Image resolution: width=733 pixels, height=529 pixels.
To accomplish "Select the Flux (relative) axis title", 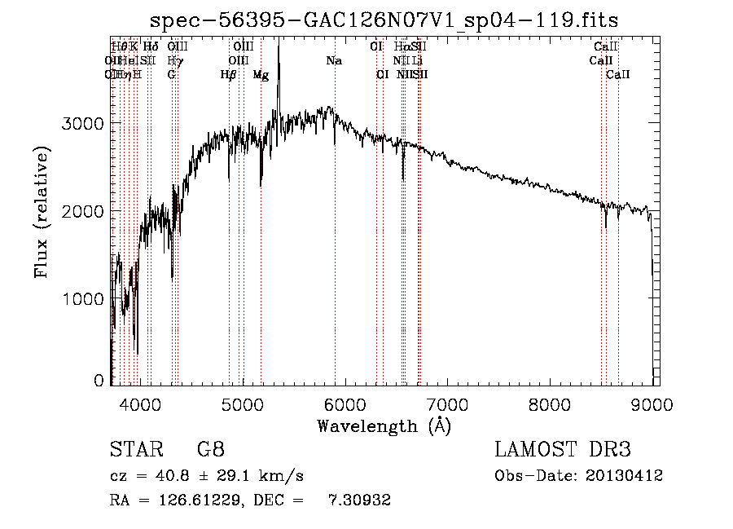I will tap(41, 212).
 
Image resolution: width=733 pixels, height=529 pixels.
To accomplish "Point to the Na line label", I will tap(334, 60).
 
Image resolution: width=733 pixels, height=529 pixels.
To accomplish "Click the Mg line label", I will tap(261, 75).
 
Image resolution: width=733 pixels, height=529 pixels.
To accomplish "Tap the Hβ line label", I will tap(229, 75).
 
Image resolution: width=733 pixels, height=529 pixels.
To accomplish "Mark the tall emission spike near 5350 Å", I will tap(279, 57).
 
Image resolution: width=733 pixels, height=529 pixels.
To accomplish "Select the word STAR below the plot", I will tap(133, 450).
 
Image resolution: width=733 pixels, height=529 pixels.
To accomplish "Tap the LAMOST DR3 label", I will tap(563, 450).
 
